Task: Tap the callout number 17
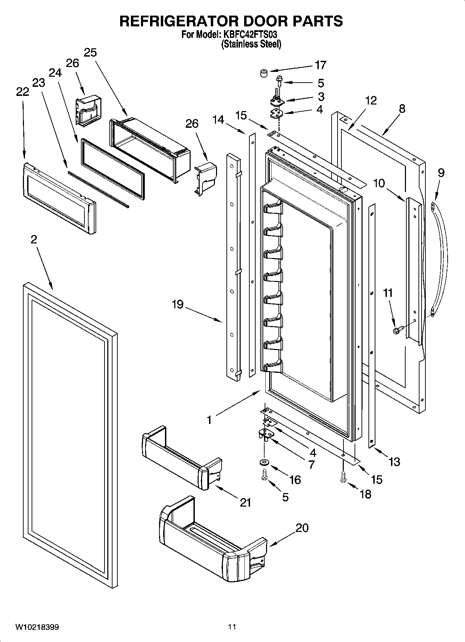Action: pyautogui.click(x=320, y=65)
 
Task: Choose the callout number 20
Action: pyautogui.click(x=302, y=528)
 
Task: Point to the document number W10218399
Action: pyautogui.click(x=37, y=627)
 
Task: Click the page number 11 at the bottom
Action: pyautogui.click(x=232, y=627)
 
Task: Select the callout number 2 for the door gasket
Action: pyautogui.click(x=34, y=239)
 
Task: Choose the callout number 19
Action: pyautogui.click(x=177, y=305)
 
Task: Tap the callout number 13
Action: pyautogui.click(x=395, y=462)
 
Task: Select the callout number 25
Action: pyautogui.click(x=90, y=53)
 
